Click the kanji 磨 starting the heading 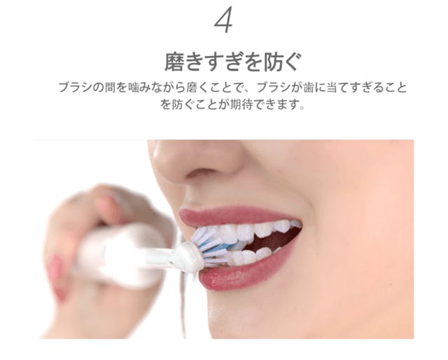click(x=174, y=62)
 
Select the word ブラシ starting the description click(x=76, y=88)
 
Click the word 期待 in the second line click(x=241, y=104)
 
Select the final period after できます click(x=302, y=108)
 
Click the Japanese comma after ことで click(x=246, y=90)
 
